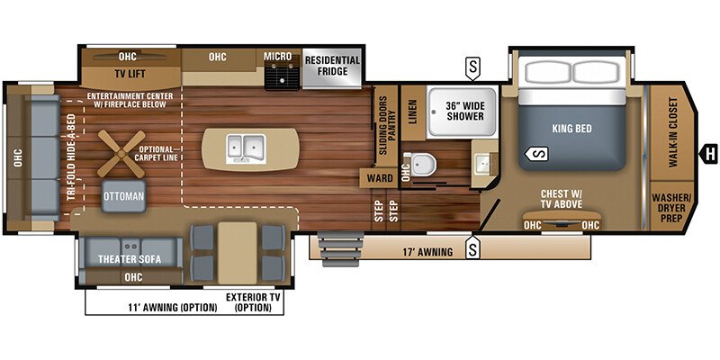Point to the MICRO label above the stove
[x=278, y=57]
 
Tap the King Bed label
[x=571, y=129]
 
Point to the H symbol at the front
[x=710, y=151]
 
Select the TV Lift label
[x=130, y=74]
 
